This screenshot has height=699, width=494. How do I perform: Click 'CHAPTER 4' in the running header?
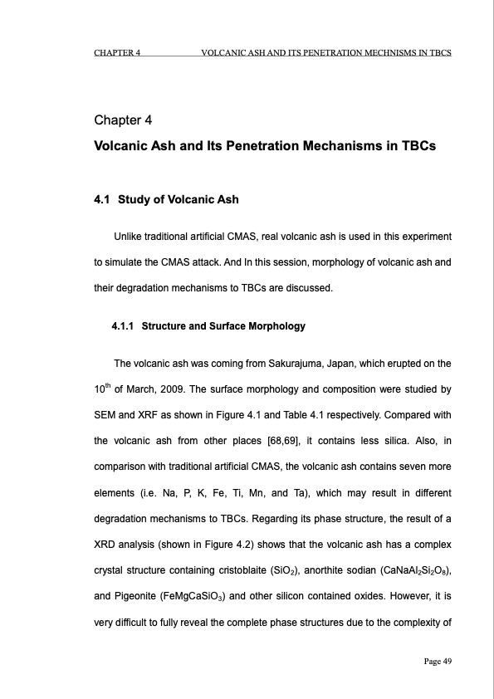[116, 52]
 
